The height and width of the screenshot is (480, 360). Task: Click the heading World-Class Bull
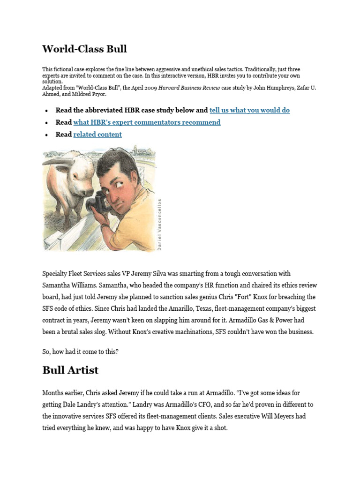[x=84, y=49]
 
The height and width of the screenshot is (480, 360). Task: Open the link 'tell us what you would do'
[x=249, y=110]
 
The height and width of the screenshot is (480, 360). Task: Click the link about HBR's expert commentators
[x=147, y=122]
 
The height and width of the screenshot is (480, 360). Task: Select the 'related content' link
[x=97, y=135]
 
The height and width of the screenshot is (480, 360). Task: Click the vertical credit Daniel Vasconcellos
[x=160, y=224]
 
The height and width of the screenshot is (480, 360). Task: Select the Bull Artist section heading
[x=70, y=370]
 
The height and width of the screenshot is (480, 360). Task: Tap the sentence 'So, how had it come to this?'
[x=80, y=352]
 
